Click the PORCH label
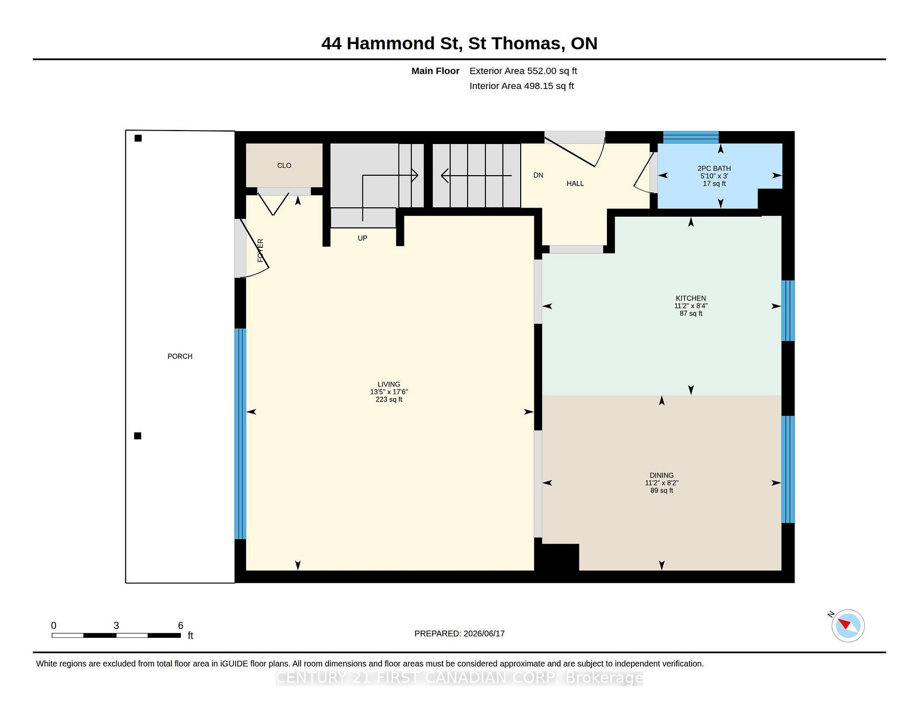[180, 356]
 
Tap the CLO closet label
[284, 166]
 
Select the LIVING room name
[389, 384]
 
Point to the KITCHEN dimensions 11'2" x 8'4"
[691, 306]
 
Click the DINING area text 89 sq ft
[661, 490]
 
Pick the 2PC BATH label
[714, 168]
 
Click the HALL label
[575, 183]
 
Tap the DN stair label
[538, 175]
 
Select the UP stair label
[362, 238]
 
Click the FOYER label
[260, 250]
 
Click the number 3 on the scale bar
[116, 625]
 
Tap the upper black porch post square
[138, 138]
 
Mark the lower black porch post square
[138, 436]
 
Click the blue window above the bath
[691, 137]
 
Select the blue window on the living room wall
[240, 433]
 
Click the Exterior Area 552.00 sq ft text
[523, 71]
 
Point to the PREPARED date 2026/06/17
[484, 633]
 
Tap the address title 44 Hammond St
[392, 44]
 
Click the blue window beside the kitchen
[788, 311]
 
